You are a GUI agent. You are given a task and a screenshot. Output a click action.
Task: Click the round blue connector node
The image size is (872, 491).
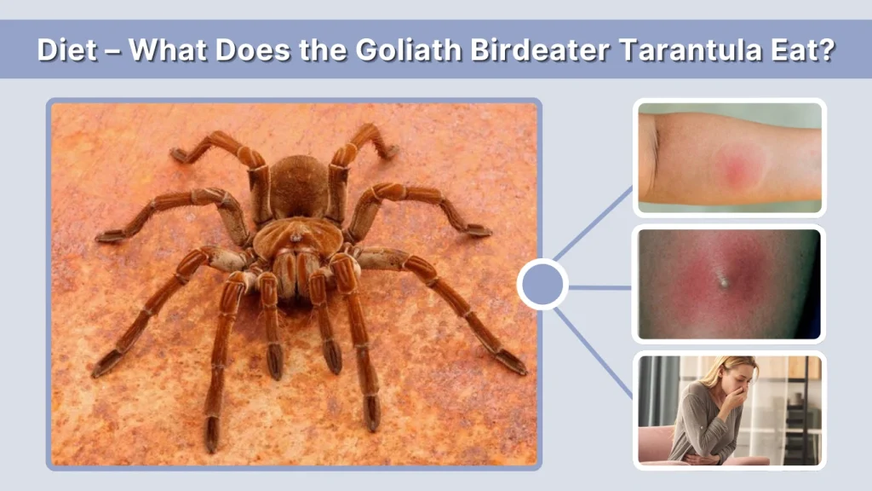pyautogui.click(x=542, y=284)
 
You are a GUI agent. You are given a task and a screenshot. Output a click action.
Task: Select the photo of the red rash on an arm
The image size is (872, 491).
pyautogui.click(x=729, y=158)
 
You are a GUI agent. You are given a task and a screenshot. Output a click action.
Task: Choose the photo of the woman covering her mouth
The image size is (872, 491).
pyautogui.click(x=729, y=410)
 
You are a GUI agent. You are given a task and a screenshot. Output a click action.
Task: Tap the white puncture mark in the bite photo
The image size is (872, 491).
pyautogui.click(x=723, y=279)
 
